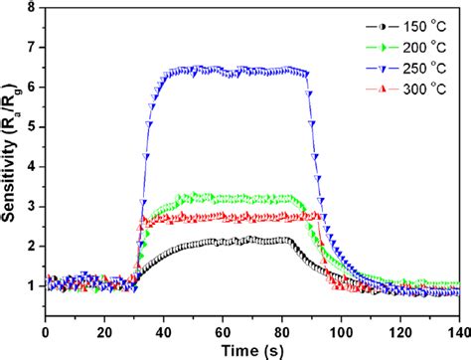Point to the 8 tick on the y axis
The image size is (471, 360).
(x=32, y=8)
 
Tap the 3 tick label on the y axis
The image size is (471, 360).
(x=32, y=206)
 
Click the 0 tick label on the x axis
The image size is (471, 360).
(x=45, y=330)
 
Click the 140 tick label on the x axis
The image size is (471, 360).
(x=459, y=330)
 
